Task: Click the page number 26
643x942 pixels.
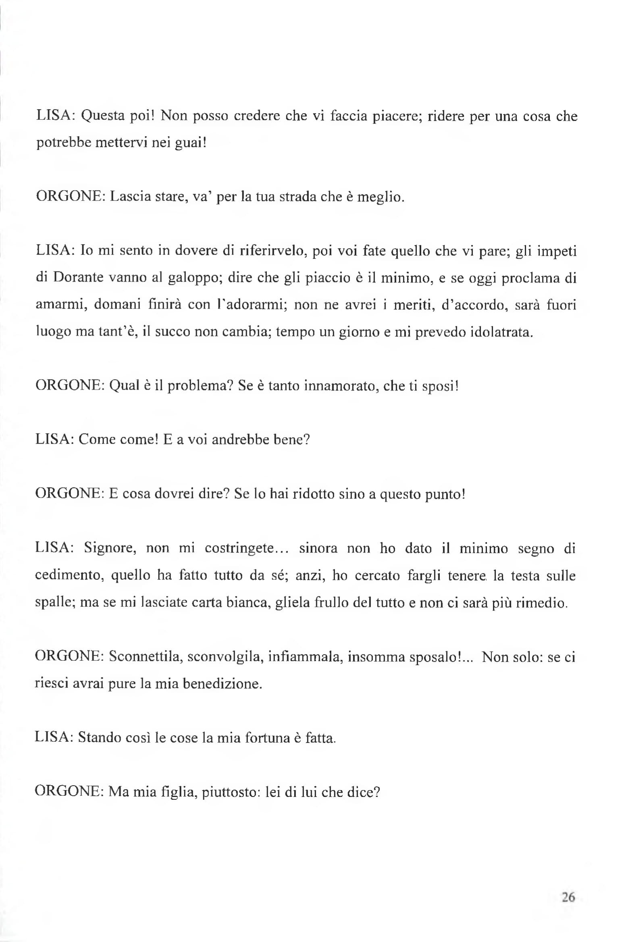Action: click(x=568, y=897)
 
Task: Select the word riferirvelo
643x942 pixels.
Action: click(x=275, y=251)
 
